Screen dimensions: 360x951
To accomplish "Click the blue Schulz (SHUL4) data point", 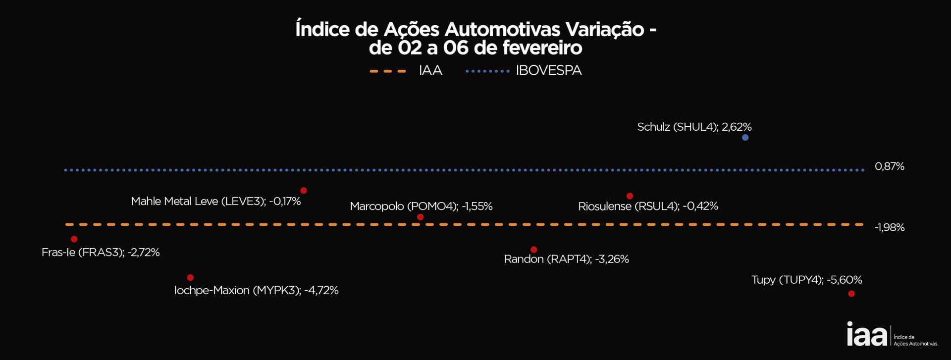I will pyautogui.click(x=745, y=138).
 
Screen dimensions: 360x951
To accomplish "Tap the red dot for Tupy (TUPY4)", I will pyautogui.click(x=851, y=294).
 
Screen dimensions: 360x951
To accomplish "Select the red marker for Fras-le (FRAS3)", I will pyautogui.click(x=74, y=239).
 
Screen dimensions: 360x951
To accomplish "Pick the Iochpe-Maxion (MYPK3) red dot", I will pyautogui.click(x=190, y=278).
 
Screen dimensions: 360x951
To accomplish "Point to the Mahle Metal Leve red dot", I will pyautogui.click(x=304, y=191).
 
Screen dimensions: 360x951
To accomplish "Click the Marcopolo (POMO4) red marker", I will pyautogui.click(x=420, y=217).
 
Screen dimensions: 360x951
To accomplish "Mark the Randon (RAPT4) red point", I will pyautogui.click(x=533, y=250).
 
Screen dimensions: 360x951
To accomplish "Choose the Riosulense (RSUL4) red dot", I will pyautogui.click(x=630, y=196).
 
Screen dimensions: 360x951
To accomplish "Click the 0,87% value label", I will pyautogui.click(x=889, y=166).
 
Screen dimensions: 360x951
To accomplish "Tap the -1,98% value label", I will pyautogui.click(x=889, y=227).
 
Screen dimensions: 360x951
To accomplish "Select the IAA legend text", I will pyautogui.click(x=430, y=71).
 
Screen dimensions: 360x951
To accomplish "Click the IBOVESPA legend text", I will pyautogui.click(x=548, y=71).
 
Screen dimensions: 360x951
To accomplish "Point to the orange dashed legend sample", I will pyautogui.click(x=388, y=71).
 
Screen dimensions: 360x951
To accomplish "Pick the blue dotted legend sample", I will pyautogui.click(x=487, y=71).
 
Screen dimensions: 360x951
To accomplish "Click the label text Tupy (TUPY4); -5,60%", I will pyautogui.click(x=806, y=280).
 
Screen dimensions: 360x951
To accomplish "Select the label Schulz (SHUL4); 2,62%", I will pyautogui.click(x=694, y=127).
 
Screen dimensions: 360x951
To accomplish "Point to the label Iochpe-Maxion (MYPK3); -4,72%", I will pyautogui.click(x=256, y=291).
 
